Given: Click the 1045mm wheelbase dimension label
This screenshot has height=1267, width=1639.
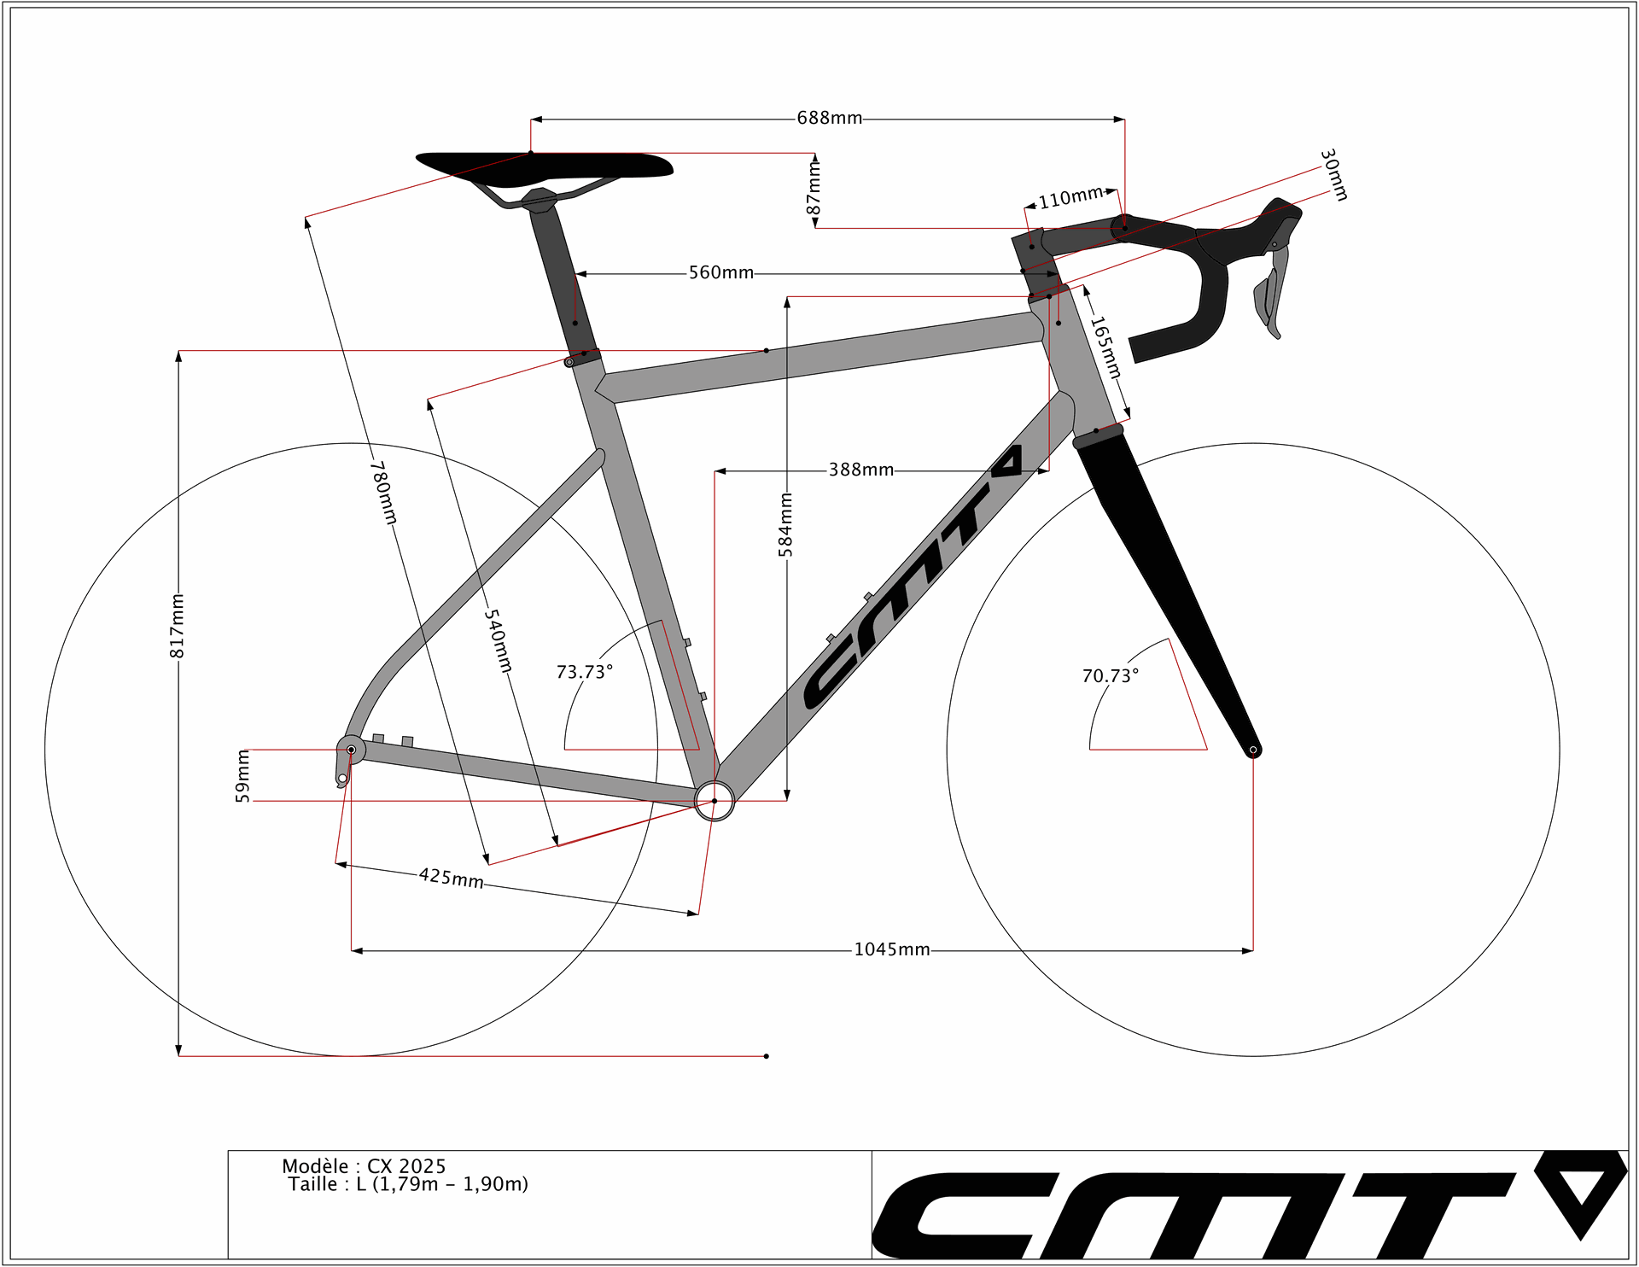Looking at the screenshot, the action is click(x=892, y=949).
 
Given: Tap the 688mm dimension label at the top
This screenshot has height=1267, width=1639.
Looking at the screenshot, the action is click(x=829, y=118).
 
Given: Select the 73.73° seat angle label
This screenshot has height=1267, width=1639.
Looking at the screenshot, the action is click(x=585, y=672).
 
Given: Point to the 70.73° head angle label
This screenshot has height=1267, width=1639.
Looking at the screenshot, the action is click(x=1111, y=675).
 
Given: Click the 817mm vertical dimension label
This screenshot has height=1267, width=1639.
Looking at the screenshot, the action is click(x=177, y=626).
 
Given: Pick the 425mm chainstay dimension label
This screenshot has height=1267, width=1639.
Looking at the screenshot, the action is click(x=452, y=878).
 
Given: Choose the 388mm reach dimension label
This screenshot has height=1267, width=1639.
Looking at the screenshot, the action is click(x=861, y=470).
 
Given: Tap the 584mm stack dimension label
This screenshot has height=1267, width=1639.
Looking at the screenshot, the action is click(x=785, y=524).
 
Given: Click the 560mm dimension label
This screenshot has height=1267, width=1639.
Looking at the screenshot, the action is click(x=721, y=272).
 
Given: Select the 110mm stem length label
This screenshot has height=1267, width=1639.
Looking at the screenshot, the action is click(x=1070, y=198).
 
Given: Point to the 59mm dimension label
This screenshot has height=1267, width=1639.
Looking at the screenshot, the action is click(x=242, y=776).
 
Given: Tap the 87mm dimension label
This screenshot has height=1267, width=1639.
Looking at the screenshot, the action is click(x=814, y=189).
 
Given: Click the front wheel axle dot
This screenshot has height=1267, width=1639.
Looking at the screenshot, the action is click(x=1253, y=750).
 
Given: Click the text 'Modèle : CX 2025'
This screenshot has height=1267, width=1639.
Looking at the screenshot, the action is click(x=364, y=1166).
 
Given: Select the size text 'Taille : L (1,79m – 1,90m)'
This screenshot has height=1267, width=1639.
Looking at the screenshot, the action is click(x=408, y=1184).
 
